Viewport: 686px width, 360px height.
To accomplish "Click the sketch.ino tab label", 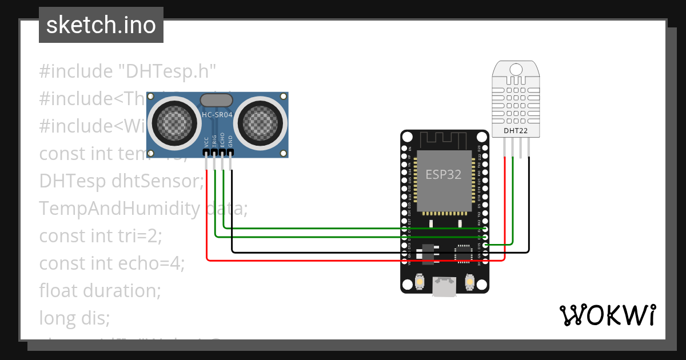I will click(101, 25).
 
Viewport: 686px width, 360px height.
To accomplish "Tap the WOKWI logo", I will click(607, 315).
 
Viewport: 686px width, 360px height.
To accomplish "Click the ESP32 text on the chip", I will click(443, 174).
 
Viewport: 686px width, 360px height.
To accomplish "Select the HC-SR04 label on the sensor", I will click(217, 115).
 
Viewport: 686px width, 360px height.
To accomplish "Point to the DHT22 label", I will click(516, 131).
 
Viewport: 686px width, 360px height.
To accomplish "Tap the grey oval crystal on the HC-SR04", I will click(217, 101).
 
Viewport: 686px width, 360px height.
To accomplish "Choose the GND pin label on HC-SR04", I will click(231, 142).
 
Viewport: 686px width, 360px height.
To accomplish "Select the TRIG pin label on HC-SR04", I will click(214, 142).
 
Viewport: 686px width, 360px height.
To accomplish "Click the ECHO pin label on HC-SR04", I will click(223, 142).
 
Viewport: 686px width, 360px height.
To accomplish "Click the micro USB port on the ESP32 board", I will click(444, 286).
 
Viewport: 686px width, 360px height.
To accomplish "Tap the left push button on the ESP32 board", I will click(420, 282).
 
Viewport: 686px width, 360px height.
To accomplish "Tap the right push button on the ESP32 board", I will click(469, 282).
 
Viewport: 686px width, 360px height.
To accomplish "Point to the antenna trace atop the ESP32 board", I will click(444, 139).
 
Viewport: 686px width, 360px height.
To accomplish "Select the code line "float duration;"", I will click(100, 290).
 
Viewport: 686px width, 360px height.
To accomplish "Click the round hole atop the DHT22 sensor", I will click(516, 69).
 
